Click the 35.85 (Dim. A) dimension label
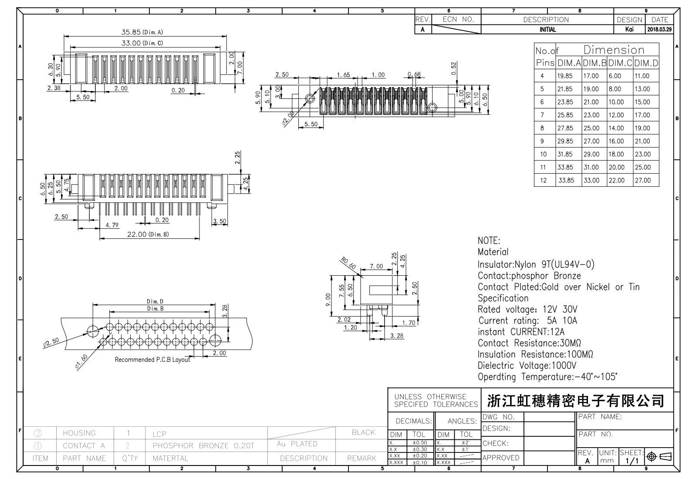click(142, 32)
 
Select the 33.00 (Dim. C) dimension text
click(142, 43)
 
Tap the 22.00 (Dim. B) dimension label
click(148, 234)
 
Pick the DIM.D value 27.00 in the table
click(642, 180)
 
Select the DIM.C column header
click(620, 63)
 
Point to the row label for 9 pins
click(543, 141)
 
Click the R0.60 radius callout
click(349, 263)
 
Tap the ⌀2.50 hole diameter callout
click(51, 343)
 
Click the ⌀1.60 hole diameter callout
click(81, 362)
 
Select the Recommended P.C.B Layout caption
click(152, 360)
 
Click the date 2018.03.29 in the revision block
click(659, 30)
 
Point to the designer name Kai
click(629, 30)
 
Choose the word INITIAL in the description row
click(547, 30)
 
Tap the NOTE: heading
click(489, 241)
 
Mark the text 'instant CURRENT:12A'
click(521, 332)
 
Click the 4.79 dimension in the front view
click(112, 225)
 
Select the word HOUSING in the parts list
click(79, 433)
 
